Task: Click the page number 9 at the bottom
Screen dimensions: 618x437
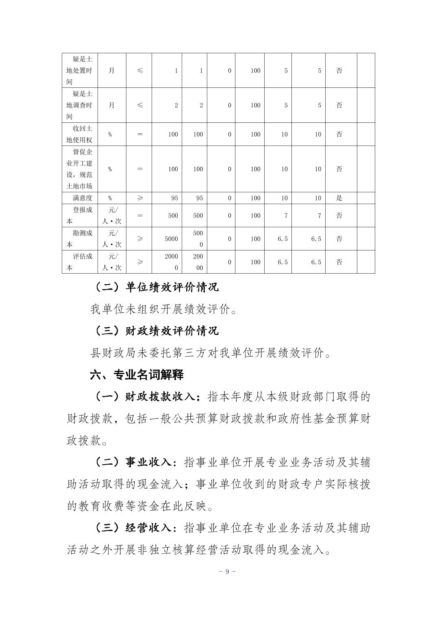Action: pos(227,572)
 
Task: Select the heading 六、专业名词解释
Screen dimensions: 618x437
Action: pos(137,374)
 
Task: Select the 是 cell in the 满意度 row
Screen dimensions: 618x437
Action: pos(339,198)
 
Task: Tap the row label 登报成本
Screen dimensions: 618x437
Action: pos(80,215)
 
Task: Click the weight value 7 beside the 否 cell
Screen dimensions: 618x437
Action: pos(319,215)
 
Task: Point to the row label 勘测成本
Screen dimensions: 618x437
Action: pos(80,239)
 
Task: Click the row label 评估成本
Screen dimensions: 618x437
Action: pos(80,262)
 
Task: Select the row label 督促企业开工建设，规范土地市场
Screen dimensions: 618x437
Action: pos(80,169)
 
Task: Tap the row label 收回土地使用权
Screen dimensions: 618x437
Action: pos(80,134)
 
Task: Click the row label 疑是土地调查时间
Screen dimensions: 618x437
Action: pos(80,105)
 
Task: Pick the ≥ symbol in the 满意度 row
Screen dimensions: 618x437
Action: pos(140,198)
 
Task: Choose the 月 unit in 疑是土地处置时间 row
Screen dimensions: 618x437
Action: pos(111,70)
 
